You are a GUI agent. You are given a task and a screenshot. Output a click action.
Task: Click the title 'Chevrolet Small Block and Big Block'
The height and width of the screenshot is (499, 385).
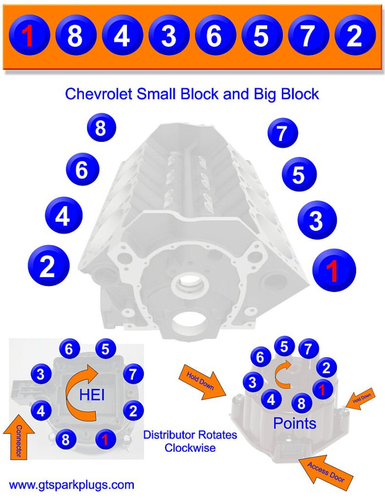click(x=192, y=94)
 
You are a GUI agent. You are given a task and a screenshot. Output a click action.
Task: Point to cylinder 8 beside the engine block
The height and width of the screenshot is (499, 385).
click(x=101, y=129)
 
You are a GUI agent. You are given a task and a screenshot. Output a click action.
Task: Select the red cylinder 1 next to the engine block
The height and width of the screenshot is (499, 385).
click(x=333, y=270)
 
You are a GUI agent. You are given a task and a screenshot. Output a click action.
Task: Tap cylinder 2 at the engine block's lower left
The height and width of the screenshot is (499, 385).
click(x=48, y=266)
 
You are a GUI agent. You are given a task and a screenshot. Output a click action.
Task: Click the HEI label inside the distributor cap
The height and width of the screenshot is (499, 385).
click(x=92, y=394)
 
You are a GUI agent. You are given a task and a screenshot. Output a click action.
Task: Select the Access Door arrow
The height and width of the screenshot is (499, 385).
click(x=326, y=473)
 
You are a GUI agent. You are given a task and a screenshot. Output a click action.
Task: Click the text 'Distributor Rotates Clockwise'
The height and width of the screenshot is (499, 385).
click(x=190, y=441)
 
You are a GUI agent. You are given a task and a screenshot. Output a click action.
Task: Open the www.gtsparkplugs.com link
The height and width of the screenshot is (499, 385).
click(x=72, y=485)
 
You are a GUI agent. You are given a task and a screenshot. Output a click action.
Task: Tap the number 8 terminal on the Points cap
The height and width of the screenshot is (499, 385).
click(x=302, y=403)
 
